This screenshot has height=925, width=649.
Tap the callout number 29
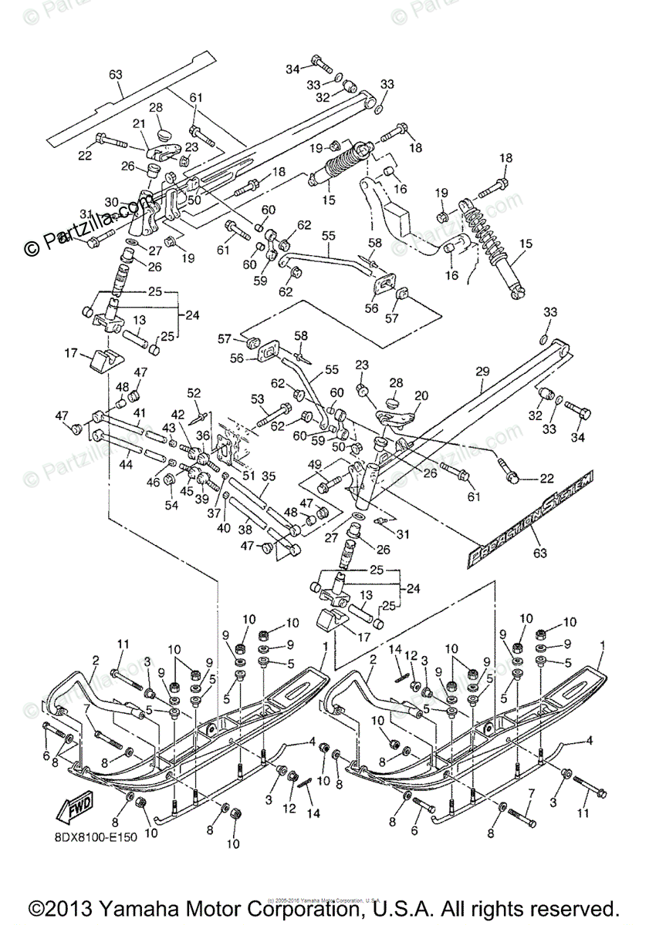click(482, 372)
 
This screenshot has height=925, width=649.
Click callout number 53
click(257, 399)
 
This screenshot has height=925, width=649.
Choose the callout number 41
click(139, 412)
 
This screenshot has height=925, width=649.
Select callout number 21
click(139, 124)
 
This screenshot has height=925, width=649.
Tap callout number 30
click(111, 203)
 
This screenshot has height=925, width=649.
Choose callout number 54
click(171, 505)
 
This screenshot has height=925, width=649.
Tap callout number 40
click(224, 528)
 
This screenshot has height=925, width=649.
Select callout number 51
click(247, 476)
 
